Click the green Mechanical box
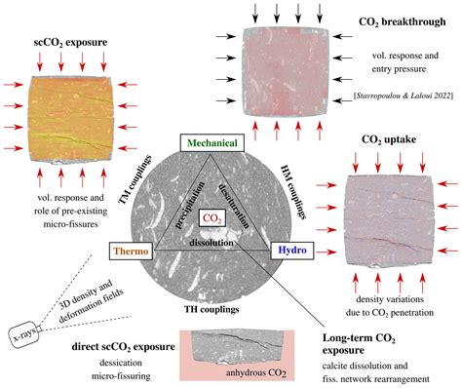(x=212, y=142)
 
